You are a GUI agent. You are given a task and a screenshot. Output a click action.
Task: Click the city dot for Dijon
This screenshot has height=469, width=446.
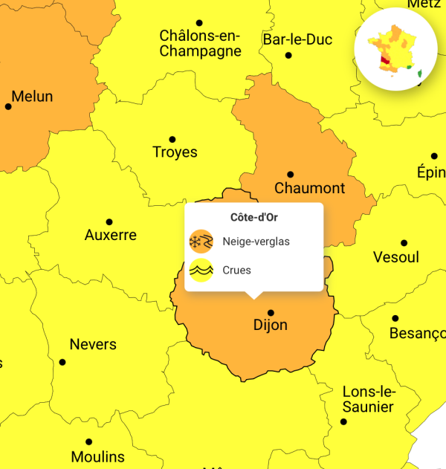click(271, 313)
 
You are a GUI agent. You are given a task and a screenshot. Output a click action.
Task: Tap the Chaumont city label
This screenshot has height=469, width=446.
click(309, 188)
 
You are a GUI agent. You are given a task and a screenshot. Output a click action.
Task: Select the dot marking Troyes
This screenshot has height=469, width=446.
click(172, 139)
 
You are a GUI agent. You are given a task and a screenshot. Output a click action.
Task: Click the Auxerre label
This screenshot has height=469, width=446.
click(111, 235)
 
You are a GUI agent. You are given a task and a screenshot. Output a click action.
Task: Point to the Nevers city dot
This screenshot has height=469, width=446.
click(62, 362)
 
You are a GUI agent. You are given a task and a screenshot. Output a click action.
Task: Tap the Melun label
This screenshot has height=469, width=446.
click(32, 97)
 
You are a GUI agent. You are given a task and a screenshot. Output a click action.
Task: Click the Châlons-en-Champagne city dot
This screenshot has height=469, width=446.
click(199, 23)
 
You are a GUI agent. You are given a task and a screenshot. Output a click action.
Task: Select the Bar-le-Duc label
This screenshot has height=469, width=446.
click(297, 39)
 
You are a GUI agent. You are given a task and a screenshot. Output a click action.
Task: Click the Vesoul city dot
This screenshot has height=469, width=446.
click(404, 243)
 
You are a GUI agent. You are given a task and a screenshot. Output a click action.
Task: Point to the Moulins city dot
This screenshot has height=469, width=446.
click(88, 442)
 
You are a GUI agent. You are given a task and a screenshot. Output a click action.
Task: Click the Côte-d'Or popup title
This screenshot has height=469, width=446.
click(254, 218)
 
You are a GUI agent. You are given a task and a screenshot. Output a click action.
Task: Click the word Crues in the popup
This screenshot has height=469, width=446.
click(237, 271)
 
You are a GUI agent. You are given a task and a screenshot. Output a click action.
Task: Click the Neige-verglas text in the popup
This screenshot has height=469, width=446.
click(256, 242)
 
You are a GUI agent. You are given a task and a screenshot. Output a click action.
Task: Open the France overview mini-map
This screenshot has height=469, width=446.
click(395, 49)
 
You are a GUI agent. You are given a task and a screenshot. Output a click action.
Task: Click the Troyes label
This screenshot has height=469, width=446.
click(175, 152)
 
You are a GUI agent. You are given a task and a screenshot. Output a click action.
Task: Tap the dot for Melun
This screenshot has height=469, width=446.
click(9, 106)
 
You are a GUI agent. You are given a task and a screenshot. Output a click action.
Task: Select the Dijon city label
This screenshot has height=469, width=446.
click(271, 326)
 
